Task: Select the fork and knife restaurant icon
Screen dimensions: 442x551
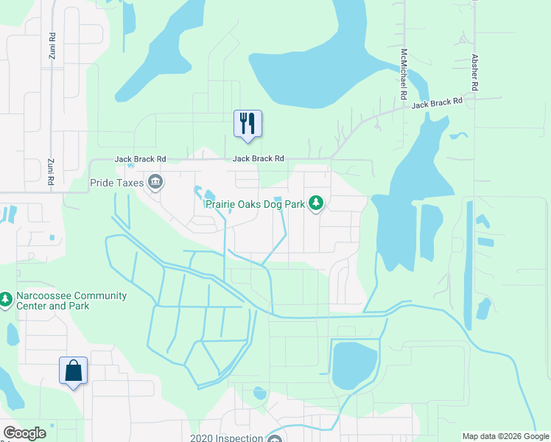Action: point(248,123)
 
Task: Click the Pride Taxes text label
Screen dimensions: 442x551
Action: point(116,182)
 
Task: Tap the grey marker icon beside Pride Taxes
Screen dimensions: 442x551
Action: point(155,182)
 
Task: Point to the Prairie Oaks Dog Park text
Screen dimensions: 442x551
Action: point(255,203)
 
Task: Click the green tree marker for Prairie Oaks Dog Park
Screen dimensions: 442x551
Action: point(316,203)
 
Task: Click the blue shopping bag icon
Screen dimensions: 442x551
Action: point(74,370)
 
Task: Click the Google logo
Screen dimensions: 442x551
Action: point(24,433)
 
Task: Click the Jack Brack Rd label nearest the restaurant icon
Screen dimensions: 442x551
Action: point(259,158)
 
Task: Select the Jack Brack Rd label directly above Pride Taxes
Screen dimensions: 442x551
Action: point(140,158)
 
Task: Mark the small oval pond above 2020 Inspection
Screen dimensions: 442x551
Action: point(260,393)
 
